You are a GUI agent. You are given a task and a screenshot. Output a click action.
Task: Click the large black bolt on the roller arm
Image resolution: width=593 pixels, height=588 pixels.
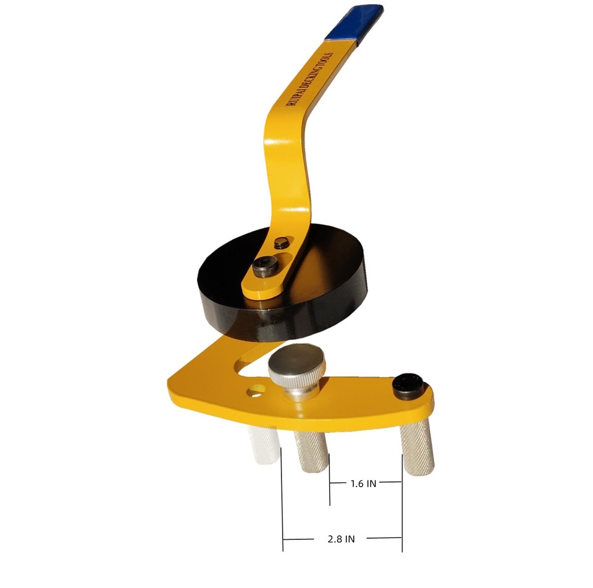(266, 267)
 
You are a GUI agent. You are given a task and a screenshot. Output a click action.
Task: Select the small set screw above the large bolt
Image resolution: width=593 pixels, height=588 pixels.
(282, 244)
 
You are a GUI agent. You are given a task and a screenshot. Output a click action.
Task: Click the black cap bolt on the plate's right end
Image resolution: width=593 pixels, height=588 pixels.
(408, 386)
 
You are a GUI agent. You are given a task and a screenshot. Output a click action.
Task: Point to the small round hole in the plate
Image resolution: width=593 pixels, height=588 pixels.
(255, 391)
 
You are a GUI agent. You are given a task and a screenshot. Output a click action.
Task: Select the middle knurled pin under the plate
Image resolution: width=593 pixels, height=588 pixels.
(310, 453)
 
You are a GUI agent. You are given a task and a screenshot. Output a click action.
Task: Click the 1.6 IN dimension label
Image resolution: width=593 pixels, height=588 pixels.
(363, 483)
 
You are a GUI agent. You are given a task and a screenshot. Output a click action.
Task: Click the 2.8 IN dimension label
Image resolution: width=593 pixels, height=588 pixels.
(341, 539)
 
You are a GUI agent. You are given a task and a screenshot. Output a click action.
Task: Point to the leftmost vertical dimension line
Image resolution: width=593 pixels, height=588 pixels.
(283, 504)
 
